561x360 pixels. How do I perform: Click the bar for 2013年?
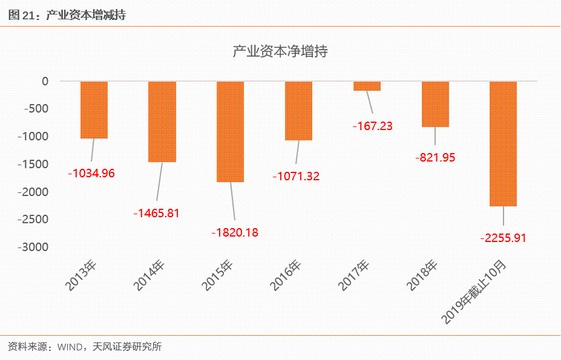point(94,110)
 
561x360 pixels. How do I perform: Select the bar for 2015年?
point(231,131)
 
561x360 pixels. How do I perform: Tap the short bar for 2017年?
point(367,86)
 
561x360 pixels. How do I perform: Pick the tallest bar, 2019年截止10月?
point(504,143)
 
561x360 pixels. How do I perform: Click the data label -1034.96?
point(91,173)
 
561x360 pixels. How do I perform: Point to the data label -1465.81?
point(157,213)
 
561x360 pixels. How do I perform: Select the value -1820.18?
point(235,232)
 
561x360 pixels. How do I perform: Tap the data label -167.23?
point(373,126)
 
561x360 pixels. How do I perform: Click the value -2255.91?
point(503,238)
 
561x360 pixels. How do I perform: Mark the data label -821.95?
point(435,157)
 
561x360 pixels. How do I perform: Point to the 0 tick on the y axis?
point(45,81)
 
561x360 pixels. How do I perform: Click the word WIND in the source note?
point(72,347)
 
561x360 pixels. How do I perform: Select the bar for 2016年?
point(299,110)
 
